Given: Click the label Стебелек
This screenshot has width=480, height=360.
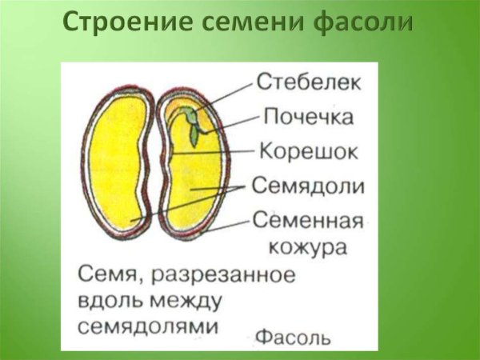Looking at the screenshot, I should coord(308,81).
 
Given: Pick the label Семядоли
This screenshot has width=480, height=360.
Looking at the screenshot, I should coord(309,186).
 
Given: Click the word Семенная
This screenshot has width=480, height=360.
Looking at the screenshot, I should coord(308,220).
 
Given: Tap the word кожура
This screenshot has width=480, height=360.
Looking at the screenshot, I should coord(309,247).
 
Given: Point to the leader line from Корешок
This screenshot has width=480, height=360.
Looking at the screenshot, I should coord(228,150).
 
